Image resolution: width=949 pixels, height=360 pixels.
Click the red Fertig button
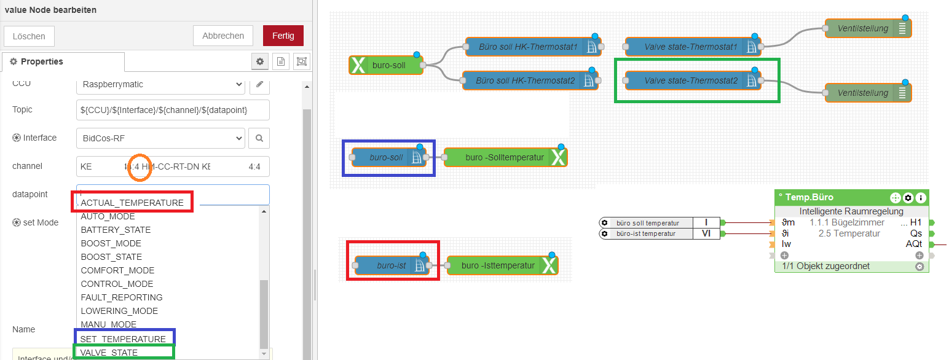[x=283, y=36]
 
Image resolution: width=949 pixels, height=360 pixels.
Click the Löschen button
[x=29, y=36]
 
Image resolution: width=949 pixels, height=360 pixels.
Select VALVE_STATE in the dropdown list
[x=109, y=353]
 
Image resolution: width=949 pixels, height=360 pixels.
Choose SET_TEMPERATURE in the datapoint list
[x=123, y=339]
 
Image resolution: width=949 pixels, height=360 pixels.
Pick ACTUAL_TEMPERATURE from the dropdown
[x=132, y=203]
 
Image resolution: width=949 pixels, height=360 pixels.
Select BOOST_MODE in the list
[x=111, y=243]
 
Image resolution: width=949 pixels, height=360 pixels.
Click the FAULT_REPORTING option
[x=122, y=297]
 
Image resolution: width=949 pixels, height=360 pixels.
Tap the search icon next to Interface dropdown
[x=259, y=138]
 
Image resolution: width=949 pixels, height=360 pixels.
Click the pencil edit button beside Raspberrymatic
[x=259, y=84]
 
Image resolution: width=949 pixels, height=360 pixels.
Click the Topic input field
[x=173, y=110]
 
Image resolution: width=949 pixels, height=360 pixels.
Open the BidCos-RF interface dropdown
[x=160, y=138]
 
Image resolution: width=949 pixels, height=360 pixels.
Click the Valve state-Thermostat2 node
[x=691, y=80]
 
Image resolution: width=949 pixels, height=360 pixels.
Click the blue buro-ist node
[x=392, y=266]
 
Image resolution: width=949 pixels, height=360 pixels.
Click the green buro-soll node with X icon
[x=386, y=65]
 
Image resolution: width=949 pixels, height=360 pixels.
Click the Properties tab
[x=42, y=61]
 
